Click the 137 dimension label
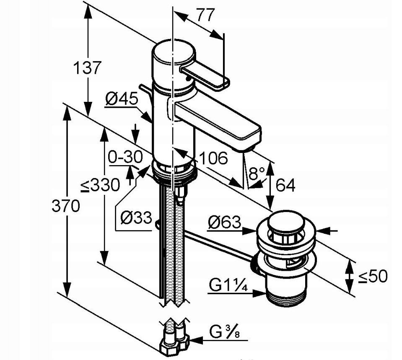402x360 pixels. [87, 67]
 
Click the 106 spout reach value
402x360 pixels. [213, 158]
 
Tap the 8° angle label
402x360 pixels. [256, 174]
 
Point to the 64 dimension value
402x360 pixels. [285, 185]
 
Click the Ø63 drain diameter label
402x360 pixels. [225, 223]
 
